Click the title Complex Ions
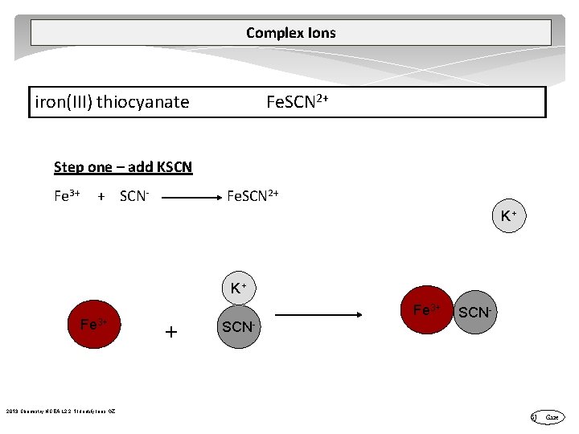290,33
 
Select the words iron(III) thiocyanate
112,102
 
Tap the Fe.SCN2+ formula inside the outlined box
297,102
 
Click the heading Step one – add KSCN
123,167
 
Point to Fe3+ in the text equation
67,195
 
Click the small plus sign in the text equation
101,196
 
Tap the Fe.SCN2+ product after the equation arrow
253,195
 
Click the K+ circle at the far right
508,215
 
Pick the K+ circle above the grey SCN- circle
238,288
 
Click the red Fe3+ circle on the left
94,325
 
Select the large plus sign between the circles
170,331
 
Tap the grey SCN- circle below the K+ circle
239,326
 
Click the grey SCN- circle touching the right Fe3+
474,313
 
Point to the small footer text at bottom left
60,411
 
